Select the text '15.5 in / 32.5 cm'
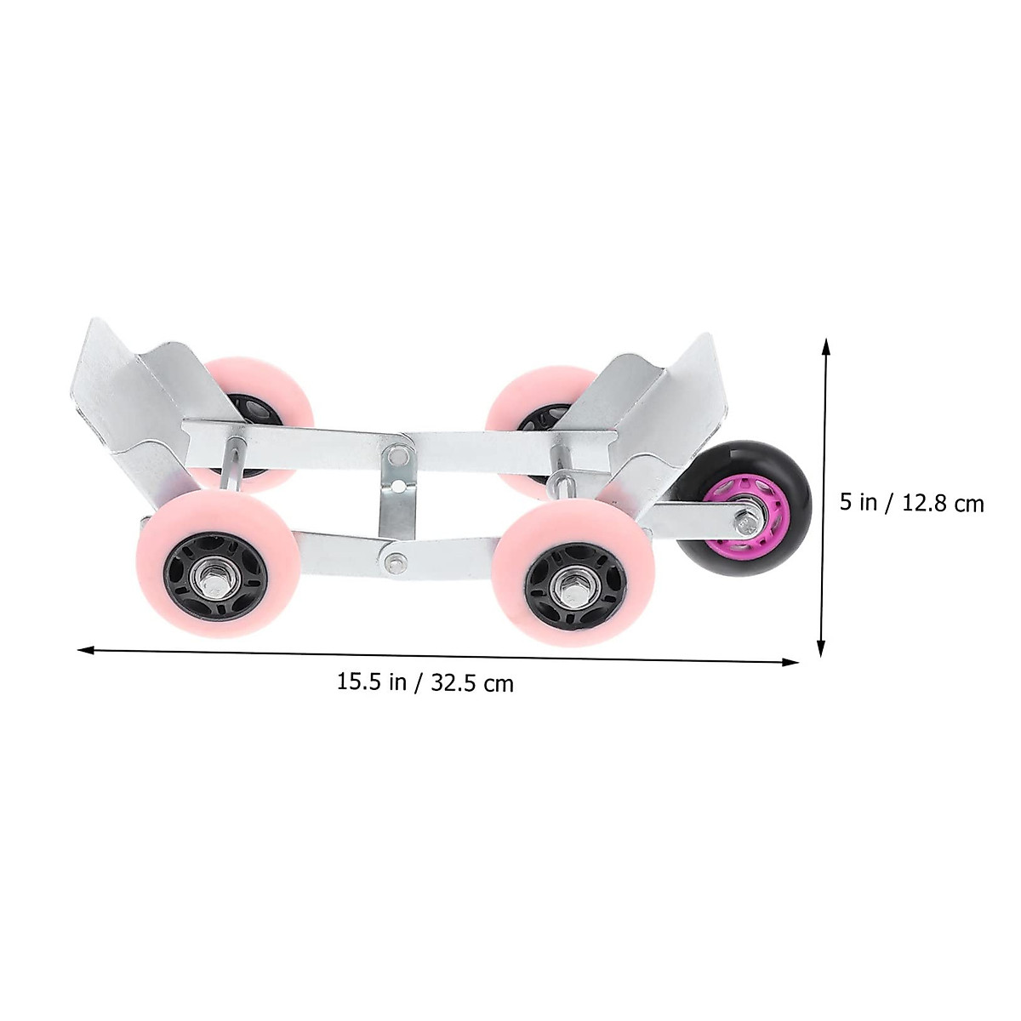425,683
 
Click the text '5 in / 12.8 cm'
911,504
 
